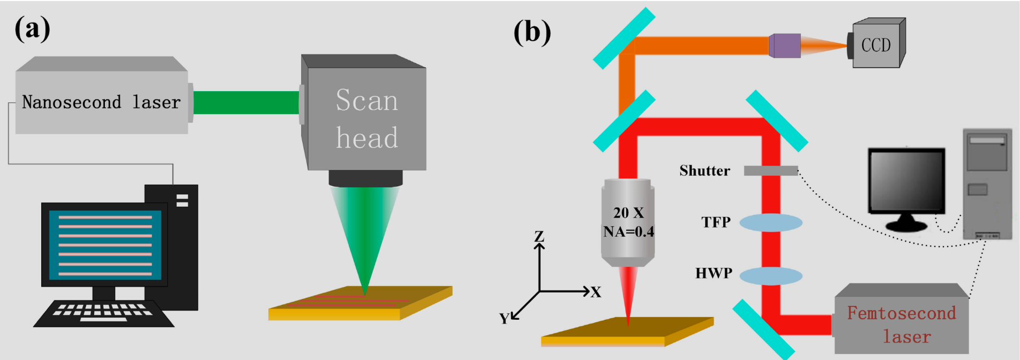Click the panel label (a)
click(33, 28)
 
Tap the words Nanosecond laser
click(101, 102)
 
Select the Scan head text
click(367, 119)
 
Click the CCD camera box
click(877, 45)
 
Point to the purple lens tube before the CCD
click(785, 46)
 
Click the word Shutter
click(704, 170)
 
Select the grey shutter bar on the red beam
click(771, 171)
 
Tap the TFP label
click(716, 222)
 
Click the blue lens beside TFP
click(771, 222)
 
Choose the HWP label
click(714, 273)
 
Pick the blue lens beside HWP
click(771, 276)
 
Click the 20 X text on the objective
click(628, 213)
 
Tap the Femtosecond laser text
click(902, 325)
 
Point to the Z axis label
click(539, 236)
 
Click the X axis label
click(596, 292)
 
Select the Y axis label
click(504, 319)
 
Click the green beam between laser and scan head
click(246, 102)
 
